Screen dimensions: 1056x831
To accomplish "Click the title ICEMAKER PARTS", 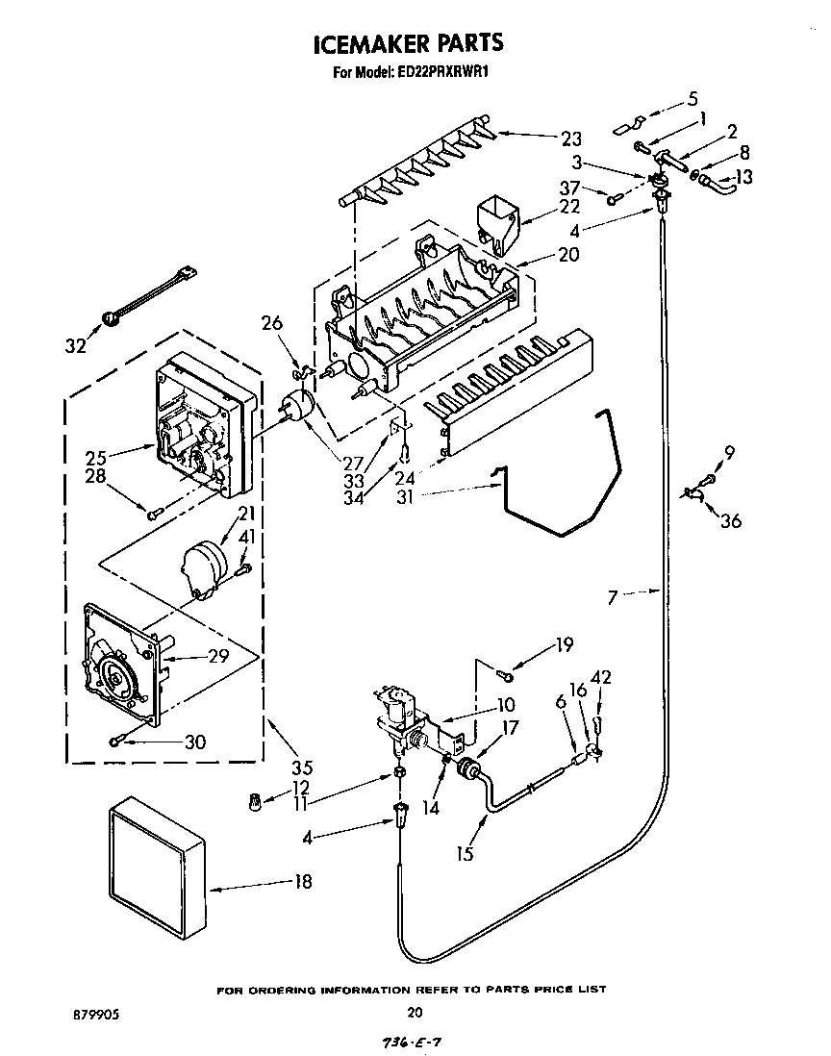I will coord(410,43).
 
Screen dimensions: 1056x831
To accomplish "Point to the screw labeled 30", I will coord(117,740).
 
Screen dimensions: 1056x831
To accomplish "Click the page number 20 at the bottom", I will coord(415,1011).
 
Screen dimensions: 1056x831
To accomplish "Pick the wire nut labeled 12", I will coord(255,799).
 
